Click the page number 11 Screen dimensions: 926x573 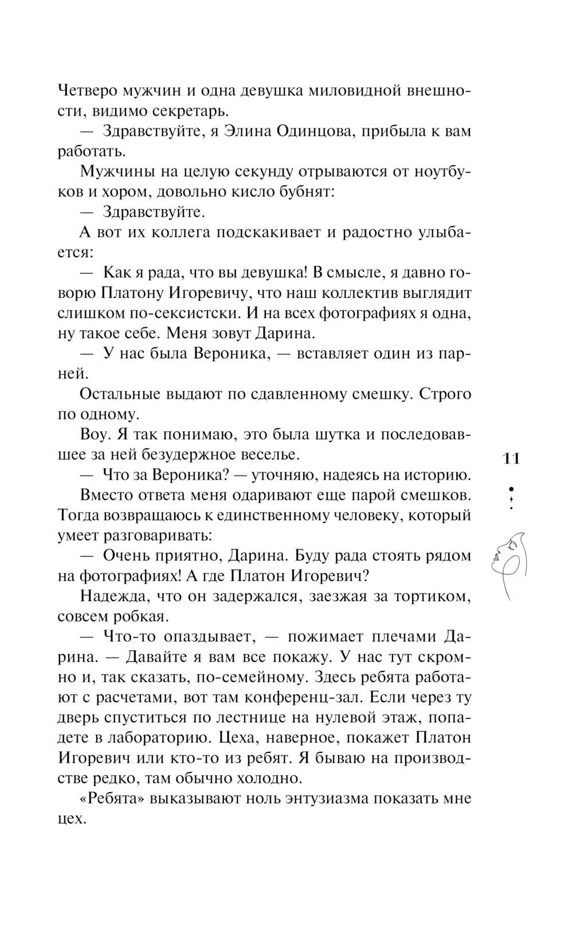[x=511, y=458]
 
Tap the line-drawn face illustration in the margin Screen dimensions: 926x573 [x=509, y=565]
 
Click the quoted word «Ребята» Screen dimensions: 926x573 [x=112, y=798]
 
